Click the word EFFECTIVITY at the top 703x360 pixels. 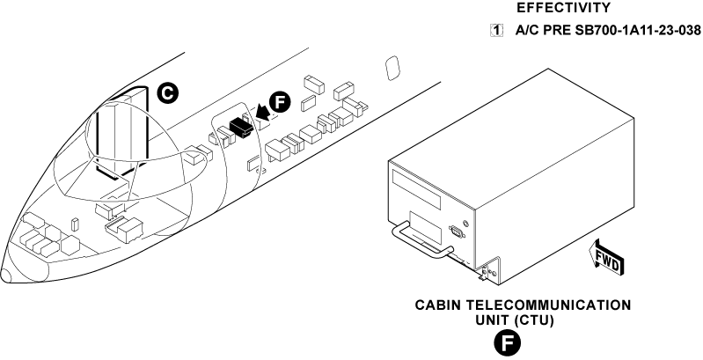coord(563,8)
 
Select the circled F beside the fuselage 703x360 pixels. coord(279,102)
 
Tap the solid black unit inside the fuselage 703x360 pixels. coord(238,127)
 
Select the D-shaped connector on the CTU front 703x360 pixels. coord(457,232)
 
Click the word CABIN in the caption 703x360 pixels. coord(441,305)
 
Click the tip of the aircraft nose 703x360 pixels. coord(4,276)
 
